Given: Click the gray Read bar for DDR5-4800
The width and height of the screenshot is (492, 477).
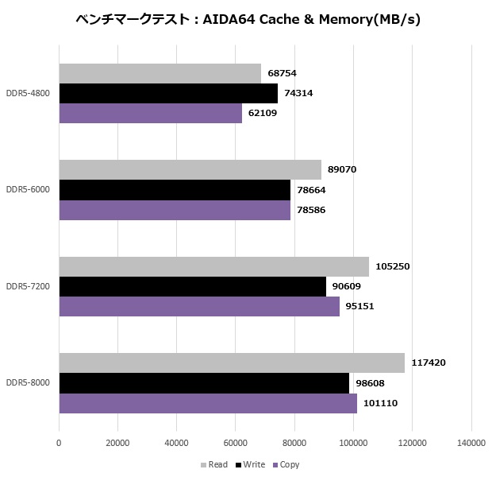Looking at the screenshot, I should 160,73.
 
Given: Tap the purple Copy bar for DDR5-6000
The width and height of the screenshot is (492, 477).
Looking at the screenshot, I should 175,210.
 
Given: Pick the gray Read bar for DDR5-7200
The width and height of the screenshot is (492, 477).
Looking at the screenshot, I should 213,266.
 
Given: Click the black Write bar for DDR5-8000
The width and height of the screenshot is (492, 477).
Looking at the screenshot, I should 204,383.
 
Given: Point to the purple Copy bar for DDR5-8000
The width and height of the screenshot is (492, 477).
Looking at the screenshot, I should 208,403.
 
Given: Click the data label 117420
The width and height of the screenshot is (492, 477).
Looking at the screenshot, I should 429,363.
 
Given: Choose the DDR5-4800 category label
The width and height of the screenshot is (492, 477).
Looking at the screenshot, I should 28,93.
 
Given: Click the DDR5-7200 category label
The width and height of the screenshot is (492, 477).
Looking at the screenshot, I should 28,286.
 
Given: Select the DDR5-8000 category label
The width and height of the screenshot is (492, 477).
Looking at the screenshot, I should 28,383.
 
